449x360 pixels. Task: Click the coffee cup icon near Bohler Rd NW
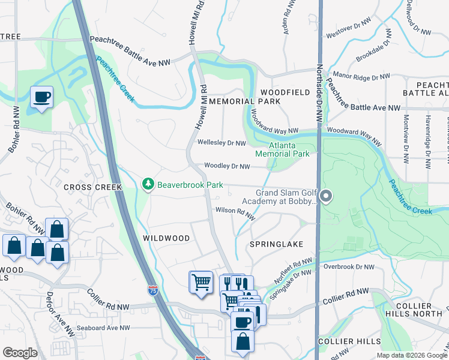(x=41, y=97)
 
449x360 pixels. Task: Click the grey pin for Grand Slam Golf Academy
(x=326, y=196)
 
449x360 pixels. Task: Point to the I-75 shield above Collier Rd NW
(x=152, y=291)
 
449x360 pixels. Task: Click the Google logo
(x=20, y=353)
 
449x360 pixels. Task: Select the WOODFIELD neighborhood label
(x=285, y=92)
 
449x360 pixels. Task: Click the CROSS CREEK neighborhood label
(x=92, y=187)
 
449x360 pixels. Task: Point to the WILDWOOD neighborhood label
(x=166, y=238)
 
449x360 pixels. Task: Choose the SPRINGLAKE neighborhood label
(x=277, y=244)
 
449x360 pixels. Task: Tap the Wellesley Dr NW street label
(x=221, y=143)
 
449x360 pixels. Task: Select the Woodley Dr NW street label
(x=226, y=166)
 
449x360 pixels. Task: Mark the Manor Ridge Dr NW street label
(x=361, y=77)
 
